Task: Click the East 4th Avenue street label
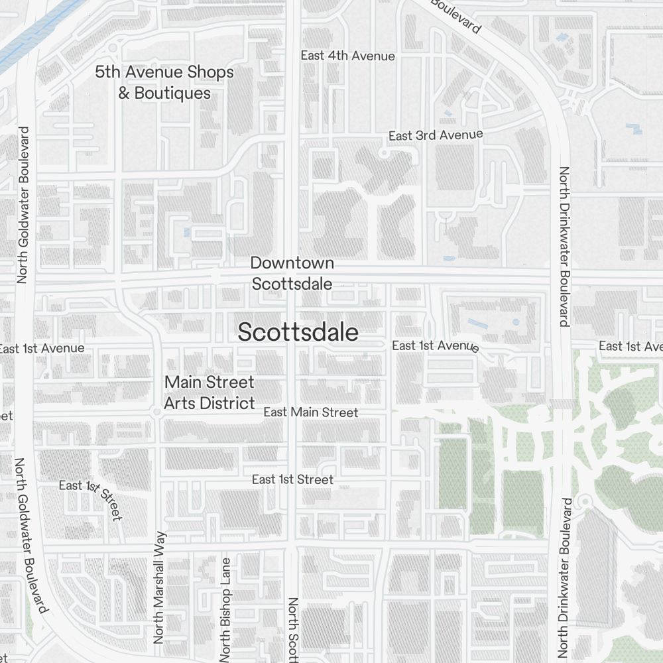(x=347, y=56)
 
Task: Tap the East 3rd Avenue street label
(x=436, y=135)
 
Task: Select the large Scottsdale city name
(x=298, y=332)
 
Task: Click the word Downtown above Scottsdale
(x=292, y=263)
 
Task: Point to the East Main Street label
(x=310, y=412)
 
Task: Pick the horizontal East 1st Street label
(x=292, y=479)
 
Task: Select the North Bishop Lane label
(x=226, y=610)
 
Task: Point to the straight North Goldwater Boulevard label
(x=23, y=205)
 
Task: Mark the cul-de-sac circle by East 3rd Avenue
(x=383, y=154)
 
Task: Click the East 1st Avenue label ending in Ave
(x=630, y=346)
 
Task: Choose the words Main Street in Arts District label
(x=209, y=383)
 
